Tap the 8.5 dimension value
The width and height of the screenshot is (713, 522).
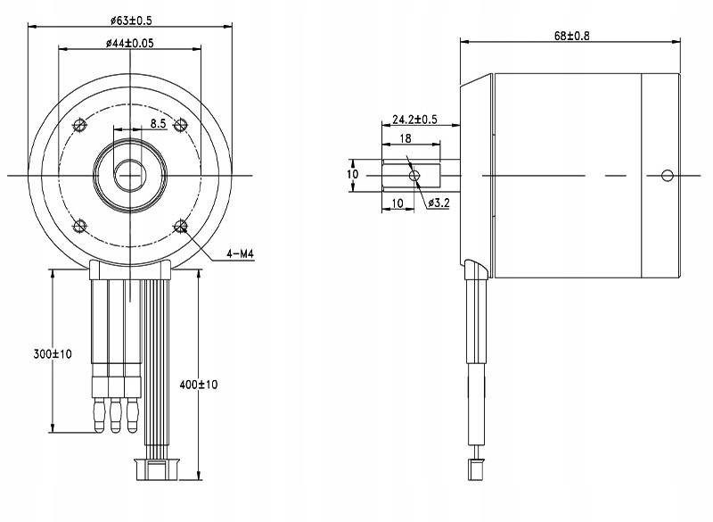coord(158,123)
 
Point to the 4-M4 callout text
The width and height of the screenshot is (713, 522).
coord(240,255)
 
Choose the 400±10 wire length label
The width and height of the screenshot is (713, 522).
coord(199,384)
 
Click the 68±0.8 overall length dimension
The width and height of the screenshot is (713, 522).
coord(573,36)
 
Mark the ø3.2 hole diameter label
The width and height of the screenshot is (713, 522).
coord(438,204)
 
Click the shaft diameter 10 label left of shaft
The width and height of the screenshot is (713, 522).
coord(353,174)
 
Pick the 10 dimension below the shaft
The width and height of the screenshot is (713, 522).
coord(397,204)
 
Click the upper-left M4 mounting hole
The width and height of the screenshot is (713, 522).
coord(80,123)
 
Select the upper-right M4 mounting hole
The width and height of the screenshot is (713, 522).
coord(182,123)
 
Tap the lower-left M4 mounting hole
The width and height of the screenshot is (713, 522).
coord(80,225)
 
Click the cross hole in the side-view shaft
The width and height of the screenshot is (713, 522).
coord(414,175)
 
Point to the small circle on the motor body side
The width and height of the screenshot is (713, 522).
coord(665,175)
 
